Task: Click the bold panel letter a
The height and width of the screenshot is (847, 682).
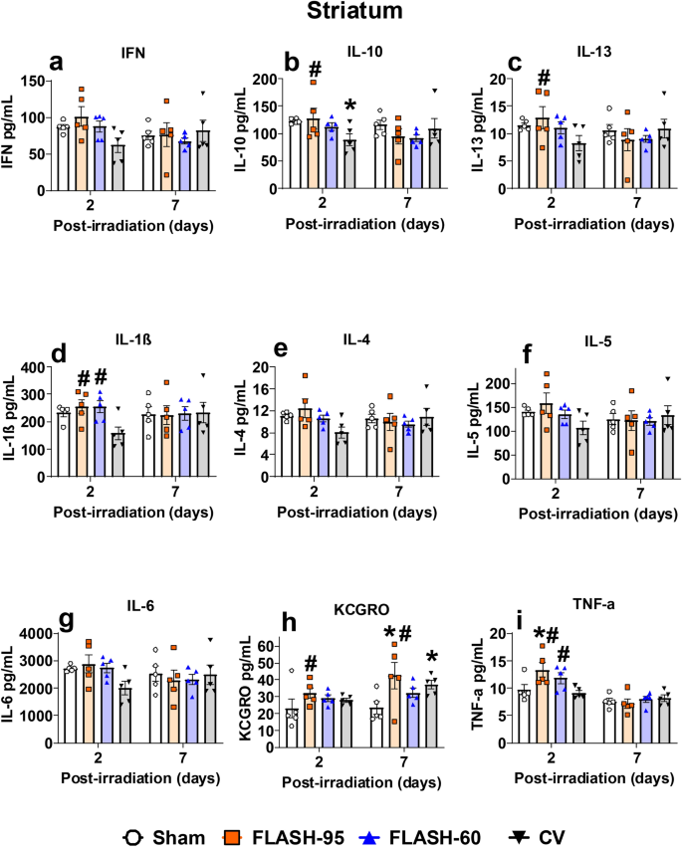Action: coord(58,63)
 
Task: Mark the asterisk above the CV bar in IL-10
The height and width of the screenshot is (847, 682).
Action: coord(349,107)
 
